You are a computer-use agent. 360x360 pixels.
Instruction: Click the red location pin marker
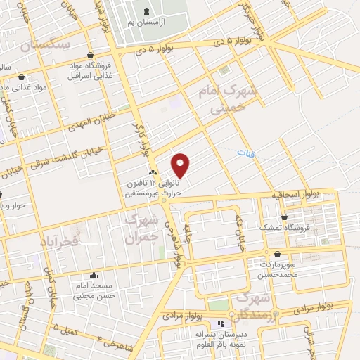pos(181,165)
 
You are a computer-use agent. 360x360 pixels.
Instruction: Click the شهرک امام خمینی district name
pos(236,99)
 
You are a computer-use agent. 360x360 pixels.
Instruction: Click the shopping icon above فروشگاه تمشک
pos(284,217)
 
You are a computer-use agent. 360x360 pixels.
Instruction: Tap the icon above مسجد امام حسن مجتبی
pos(94,276)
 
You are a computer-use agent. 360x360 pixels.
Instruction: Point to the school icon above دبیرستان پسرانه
pos(221,324)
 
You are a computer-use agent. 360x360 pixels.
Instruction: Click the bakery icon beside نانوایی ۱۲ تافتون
pos(152,172)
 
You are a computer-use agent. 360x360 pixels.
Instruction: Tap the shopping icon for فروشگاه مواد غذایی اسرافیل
pos(91,56)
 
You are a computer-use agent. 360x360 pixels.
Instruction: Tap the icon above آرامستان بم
pos(146,11)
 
